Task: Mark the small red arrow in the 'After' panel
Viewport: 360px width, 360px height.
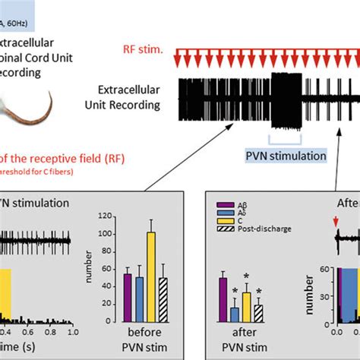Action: (x=338, y=222)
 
